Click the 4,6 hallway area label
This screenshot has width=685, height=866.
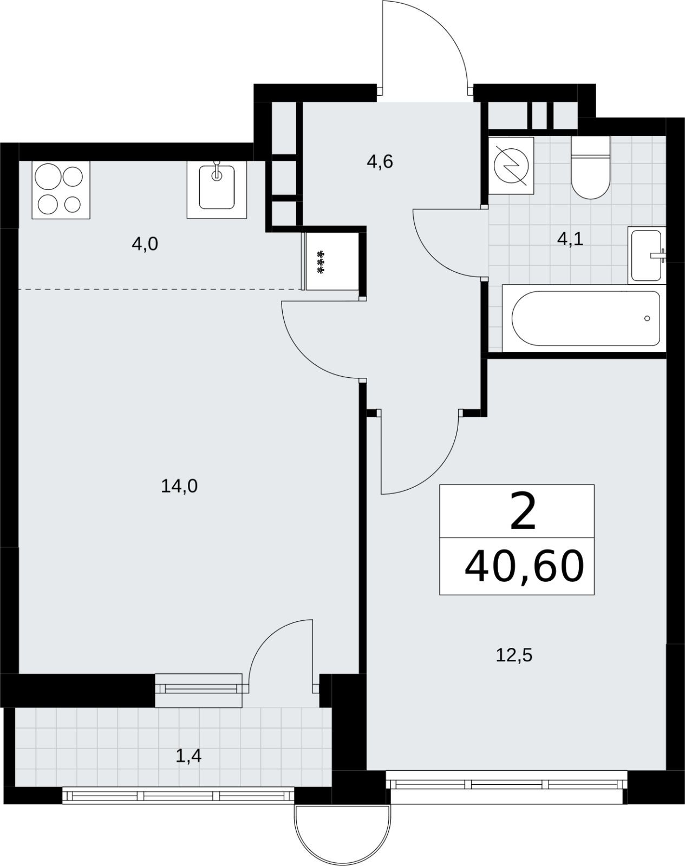[380, 162]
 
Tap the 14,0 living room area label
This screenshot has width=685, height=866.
[179, 487]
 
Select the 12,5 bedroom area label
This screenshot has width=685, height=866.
[514, 655]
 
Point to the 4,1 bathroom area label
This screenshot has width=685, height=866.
[570, 239]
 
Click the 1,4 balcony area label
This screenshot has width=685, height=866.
[188, 757]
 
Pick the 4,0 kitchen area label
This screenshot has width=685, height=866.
[145, 244]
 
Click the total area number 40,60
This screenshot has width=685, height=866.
[524, 567]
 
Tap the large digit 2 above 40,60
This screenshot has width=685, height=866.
[523, 511]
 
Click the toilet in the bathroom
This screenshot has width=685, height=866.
[590, 167]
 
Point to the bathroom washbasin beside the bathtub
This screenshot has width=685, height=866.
[647, 255]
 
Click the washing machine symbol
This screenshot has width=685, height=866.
[511, 166]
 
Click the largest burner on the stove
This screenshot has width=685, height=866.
[48, 176]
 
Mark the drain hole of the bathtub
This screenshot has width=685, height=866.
[647, 318]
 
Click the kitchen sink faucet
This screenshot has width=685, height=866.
[217, 170]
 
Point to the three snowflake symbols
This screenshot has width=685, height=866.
[321, 262]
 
